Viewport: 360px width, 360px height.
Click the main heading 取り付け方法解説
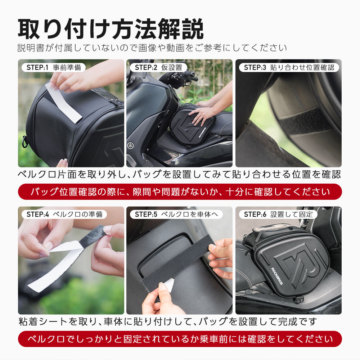click(x=111, y=29)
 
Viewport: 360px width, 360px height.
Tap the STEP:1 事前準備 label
click(x=54, y=68)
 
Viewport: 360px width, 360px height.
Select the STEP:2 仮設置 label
click(x=158, y=68)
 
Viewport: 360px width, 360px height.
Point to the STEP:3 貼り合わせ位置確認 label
click(x=289, y=68)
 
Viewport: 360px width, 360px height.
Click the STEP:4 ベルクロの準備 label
click(x=64, y=215)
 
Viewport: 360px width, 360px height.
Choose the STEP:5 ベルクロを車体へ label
click(x=176, y=215)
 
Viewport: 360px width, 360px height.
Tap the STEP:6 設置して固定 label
click(x=278, y=215)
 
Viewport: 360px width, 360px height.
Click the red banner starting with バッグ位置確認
click(x=180, y=192)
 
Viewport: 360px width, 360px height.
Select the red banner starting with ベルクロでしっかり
click(x=180, y=339)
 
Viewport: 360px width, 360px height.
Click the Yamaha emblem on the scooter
click(x=131, y=145)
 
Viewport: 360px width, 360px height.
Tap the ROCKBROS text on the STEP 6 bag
click(x=277, y=276)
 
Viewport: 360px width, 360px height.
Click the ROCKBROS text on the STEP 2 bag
click(x=202, y=132)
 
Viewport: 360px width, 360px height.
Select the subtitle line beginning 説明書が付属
click(x=152, y=48)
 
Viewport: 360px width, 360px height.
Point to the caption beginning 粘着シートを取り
click(x=168, y=321)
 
